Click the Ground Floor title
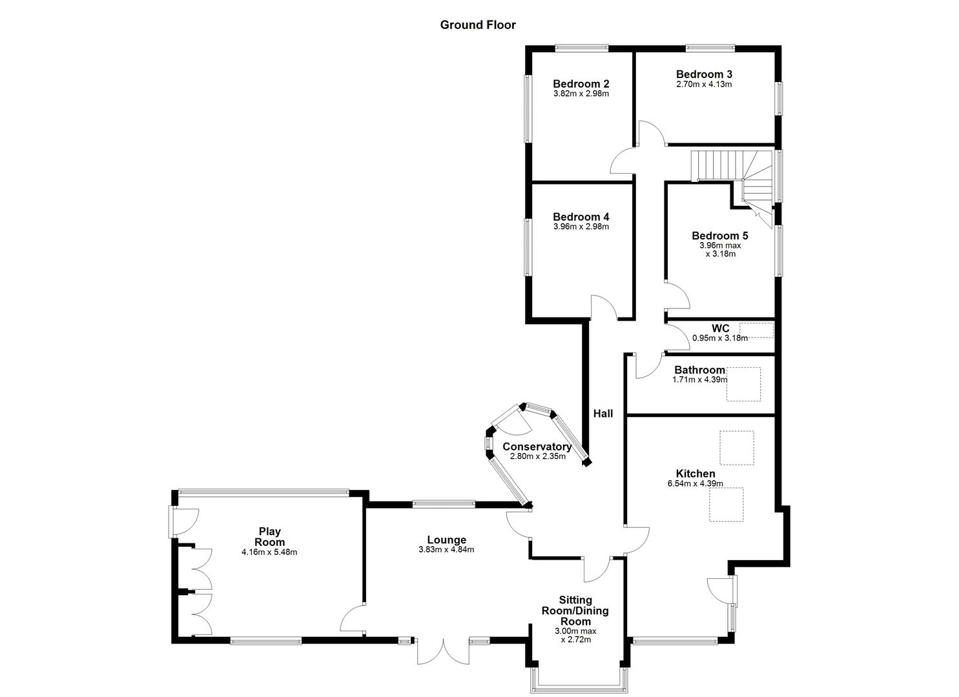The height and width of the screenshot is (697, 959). [478, 25]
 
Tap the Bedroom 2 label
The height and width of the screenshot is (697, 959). [581, 84]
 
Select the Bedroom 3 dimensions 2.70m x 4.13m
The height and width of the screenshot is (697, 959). [703, 84]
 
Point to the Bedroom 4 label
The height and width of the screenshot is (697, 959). [581, 217]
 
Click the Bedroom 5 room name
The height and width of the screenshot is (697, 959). [719, 236]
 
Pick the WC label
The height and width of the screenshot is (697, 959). [720, 328]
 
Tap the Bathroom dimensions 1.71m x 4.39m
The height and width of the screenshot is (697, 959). [699, 380]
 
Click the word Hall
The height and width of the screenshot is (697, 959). [603, 414]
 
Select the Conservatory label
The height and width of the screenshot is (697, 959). [537, 447]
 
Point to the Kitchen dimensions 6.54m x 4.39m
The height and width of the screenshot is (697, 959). [695, 483]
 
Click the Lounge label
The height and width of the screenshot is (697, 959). [446, 540]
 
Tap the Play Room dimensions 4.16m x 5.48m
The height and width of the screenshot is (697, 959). [269, 552]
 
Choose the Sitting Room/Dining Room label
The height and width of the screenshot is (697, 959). [575, 611]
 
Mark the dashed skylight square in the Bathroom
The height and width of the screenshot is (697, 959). [743, 384]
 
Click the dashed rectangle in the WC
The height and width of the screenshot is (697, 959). [756, 330]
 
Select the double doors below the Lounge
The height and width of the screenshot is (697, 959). [443, 651]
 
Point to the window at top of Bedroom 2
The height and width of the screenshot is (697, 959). [581, 47]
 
